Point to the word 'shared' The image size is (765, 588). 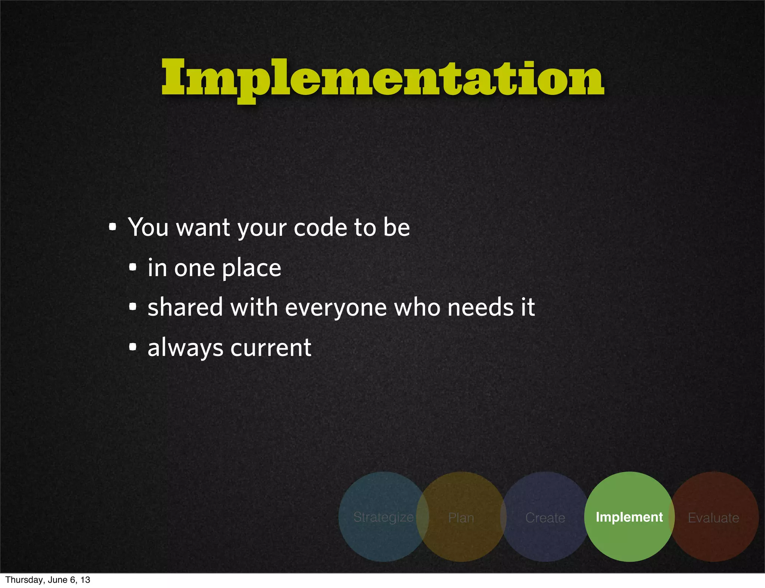point(185,307)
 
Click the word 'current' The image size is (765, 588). point(271,348)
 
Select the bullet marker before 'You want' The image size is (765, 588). point(112,227)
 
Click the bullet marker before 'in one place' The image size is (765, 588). point(133,267)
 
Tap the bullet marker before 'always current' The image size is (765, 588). point(133,347)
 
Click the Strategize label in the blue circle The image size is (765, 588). point(383,517)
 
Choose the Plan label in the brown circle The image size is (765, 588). point(461,518)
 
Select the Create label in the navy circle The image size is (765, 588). point(545,518)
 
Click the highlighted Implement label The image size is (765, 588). point(629,517)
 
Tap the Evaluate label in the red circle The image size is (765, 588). point(713,518)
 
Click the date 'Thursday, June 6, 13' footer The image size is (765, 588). point(48,580)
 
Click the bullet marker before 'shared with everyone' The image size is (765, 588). point(133,307)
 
